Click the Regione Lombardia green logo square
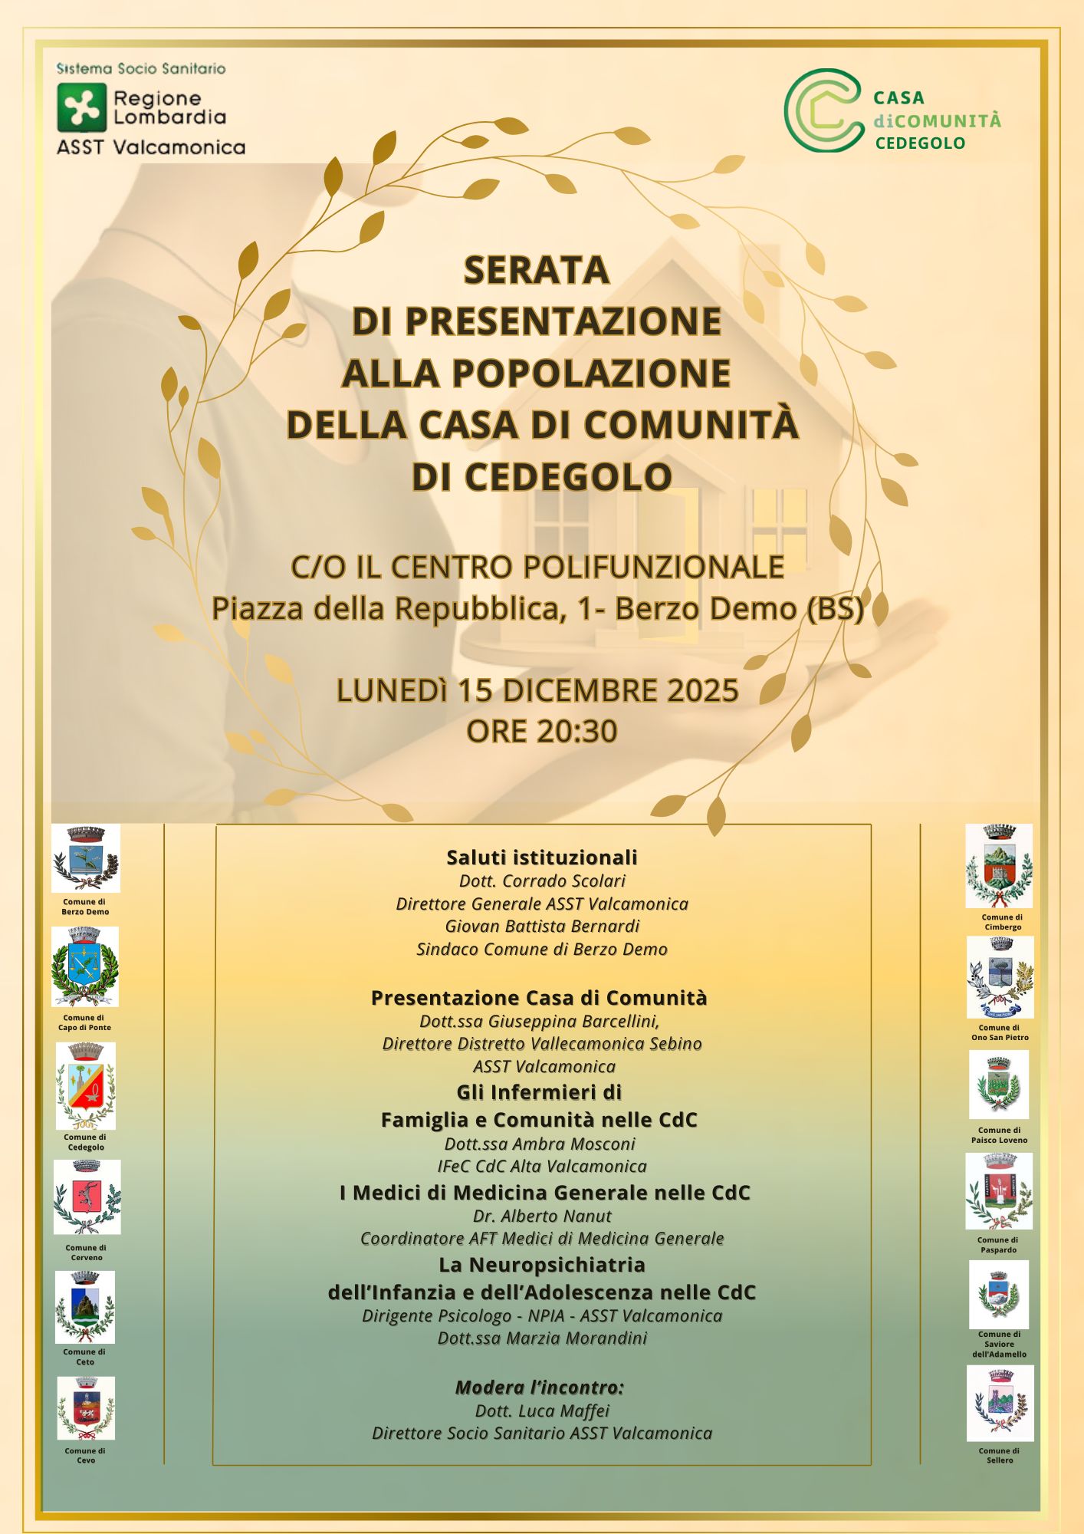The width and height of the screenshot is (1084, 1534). pos(81,107)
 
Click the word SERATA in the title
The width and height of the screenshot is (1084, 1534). pos(537,270)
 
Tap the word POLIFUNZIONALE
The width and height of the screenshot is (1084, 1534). pos(652,568)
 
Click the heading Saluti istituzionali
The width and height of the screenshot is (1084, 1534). pos(542,857)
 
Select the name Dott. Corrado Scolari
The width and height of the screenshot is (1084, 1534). pos(542,881)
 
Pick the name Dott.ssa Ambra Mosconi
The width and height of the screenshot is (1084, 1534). pos(540,1144)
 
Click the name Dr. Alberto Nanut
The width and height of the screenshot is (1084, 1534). pos(542,1216)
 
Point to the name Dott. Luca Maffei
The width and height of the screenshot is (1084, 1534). pos(542,1411)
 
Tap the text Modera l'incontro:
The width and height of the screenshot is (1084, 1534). pos(540,1387)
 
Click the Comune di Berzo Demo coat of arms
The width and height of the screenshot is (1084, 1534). pos(86,858)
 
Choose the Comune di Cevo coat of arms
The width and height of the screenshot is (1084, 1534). pos(86,1407)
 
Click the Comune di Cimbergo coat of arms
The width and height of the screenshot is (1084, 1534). pos(999,866)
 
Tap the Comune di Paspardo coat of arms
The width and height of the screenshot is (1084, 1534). pos(999,1191)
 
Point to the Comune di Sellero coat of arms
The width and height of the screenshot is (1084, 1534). pos(1000,1403)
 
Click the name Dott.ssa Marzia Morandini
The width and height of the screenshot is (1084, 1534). pos(542,1338)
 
